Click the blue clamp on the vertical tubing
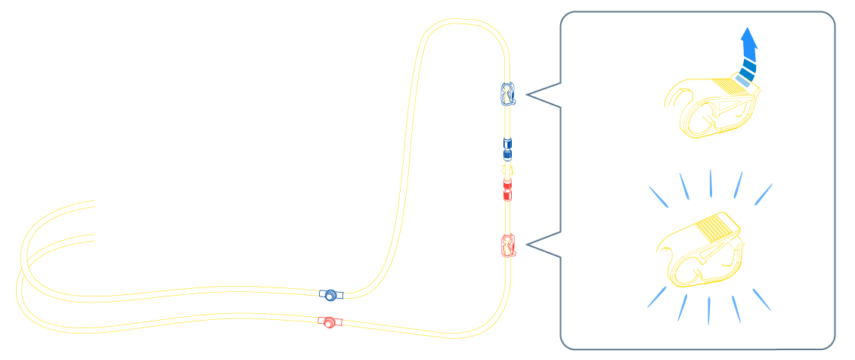(508, 93)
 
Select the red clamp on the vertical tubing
(509, 245)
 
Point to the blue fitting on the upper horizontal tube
(330, 294)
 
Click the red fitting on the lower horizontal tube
(330, 323)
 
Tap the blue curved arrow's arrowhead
(748, 37)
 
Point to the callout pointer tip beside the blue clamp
(526, 95)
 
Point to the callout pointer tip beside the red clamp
(526, 244)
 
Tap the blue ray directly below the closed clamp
(709, 309)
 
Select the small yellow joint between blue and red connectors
(508, 168)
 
